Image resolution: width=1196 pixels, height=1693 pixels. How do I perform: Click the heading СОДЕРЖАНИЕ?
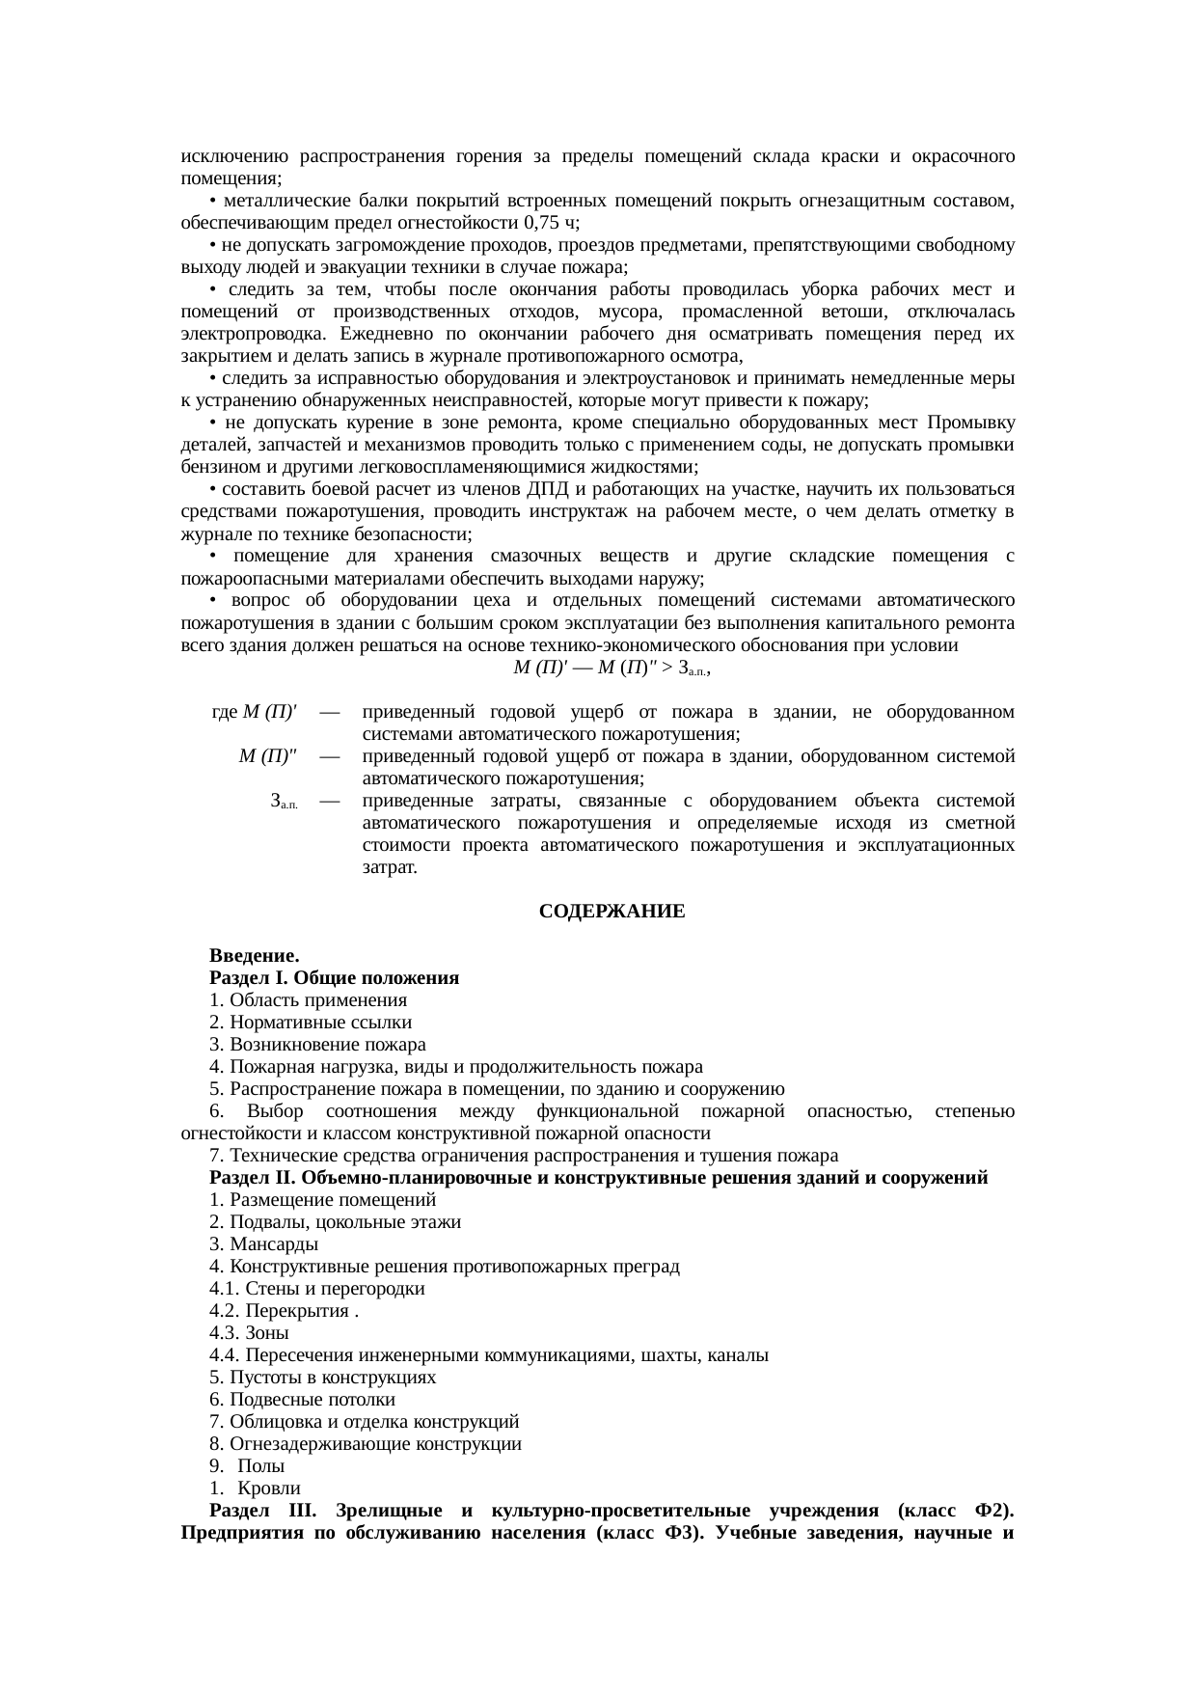(612, 911)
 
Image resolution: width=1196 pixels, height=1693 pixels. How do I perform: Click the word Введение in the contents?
(254, 955)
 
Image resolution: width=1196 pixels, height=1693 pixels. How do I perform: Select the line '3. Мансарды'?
(263, 1243)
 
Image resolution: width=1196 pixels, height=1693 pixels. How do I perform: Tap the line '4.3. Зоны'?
(249, 1332)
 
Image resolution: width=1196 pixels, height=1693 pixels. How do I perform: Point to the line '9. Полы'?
(247, 1465)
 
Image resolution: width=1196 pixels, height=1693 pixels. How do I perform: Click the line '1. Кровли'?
(256, 1488)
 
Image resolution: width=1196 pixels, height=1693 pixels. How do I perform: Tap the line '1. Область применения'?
(308, 999)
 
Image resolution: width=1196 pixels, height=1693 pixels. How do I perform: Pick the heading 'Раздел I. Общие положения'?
(334, 977)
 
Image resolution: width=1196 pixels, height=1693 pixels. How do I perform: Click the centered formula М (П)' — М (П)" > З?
(612, 668)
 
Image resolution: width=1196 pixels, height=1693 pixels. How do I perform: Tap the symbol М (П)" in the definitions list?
(268, 756)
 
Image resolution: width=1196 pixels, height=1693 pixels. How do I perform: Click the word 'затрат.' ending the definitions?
(390, 866)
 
